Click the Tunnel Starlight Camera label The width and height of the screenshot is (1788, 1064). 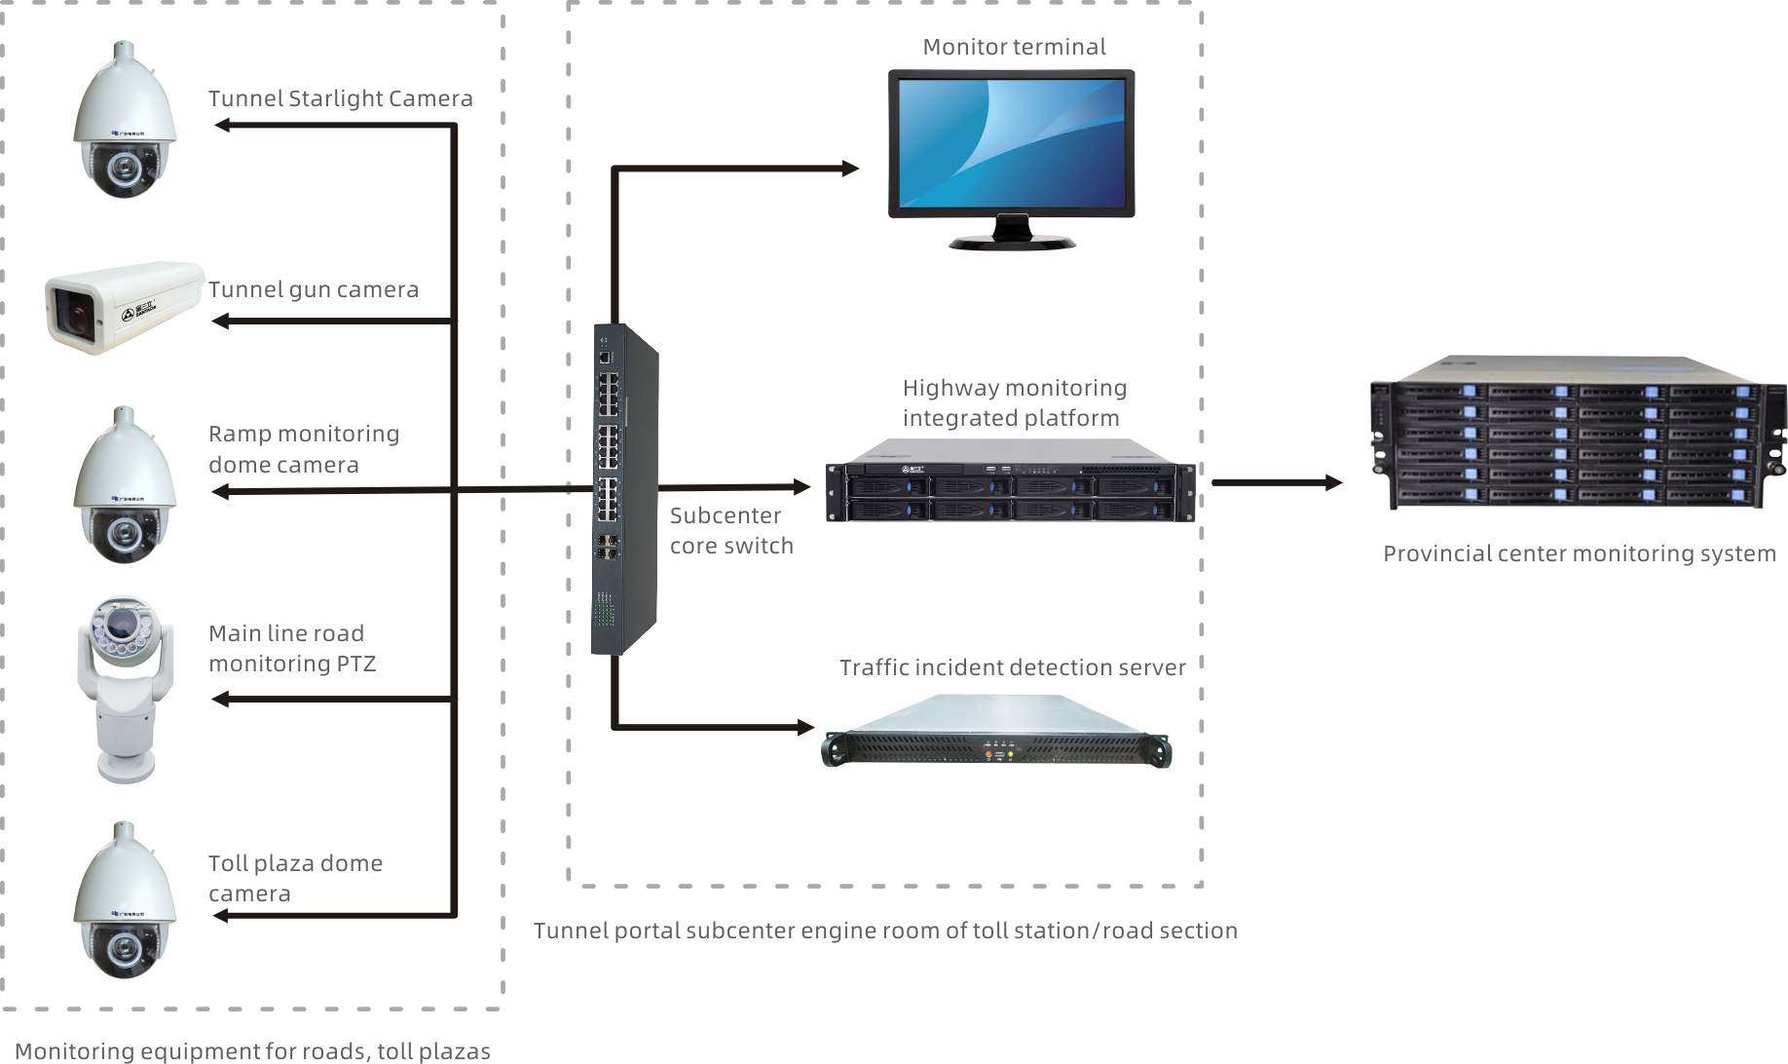click(340, 98)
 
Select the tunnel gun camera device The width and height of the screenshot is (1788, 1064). click(124, 306)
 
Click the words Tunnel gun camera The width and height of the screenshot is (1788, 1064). click(313, 289)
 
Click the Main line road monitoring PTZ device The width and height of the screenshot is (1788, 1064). click(125, 688)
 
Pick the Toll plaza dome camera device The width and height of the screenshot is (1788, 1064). click(125, 900)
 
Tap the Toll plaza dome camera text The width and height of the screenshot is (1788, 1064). click(295, 878)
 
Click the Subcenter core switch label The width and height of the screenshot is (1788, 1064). click(731, 530)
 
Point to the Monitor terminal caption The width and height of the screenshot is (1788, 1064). click(1014, 47)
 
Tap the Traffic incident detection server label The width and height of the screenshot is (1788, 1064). click(1012, 667)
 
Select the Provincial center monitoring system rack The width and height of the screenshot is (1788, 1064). click(1578, 432)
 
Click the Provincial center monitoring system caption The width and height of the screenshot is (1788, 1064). click(1579, 553)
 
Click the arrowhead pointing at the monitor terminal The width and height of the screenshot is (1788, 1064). click(850, 169)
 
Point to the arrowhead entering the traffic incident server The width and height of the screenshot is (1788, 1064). click(805, 727)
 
